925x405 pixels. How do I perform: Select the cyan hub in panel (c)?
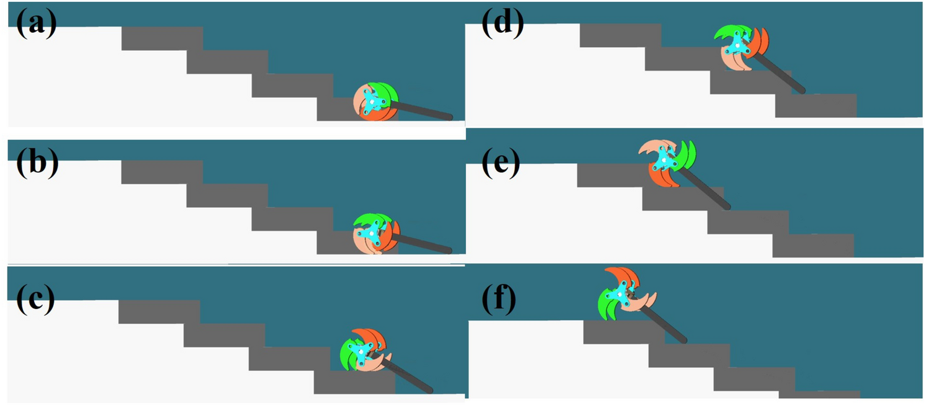[x=359, y=351]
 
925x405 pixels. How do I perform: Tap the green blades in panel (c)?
[x=348, y=357]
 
